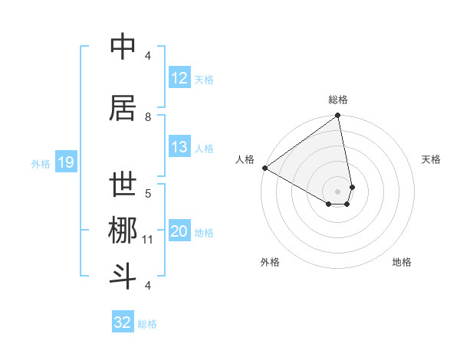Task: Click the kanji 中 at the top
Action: click(123, 47)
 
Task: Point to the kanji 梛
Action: click(123, 231)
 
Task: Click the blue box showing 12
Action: click(179, 78)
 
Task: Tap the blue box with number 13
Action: click(179, 148)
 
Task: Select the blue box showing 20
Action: click(179, 232)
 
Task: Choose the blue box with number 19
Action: click(66, 162)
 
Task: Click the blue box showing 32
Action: click(123, 322)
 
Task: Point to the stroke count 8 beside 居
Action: click(148, 117)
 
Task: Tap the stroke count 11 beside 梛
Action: click(148, 240)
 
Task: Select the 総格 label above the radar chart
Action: click(338, 100)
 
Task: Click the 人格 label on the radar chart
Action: click(245, 159)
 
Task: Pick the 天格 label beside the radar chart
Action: click(432, 159)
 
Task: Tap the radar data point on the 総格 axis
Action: click(338, 116)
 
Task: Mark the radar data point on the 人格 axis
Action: click(264, 168)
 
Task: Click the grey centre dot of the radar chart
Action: click(338, 191)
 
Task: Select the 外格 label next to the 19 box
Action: click(40, 163)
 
